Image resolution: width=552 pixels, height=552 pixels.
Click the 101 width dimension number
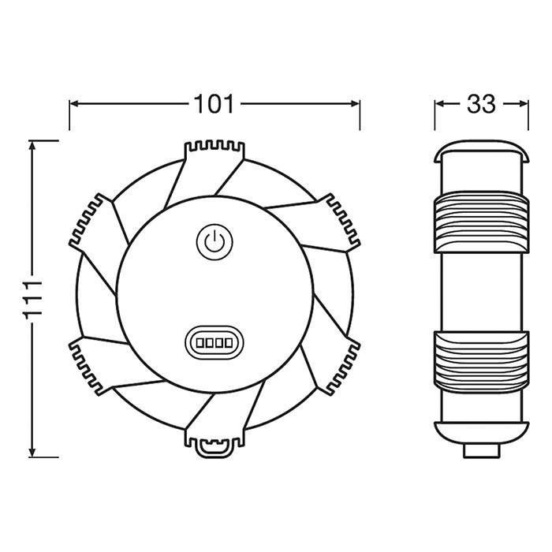point(214,104)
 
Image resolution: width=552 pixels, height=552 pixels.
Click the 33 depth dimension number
point(481,104)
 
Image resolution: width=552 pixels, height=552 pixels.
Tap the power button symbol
point(214,242)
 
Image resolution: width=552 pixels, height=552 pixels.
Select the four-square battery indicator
point(214,342)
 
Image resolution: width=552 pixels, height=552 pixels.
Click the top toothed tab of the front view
point(214,151)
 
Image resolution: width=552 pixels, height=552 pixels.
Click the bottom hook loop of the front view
point(214,447)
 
